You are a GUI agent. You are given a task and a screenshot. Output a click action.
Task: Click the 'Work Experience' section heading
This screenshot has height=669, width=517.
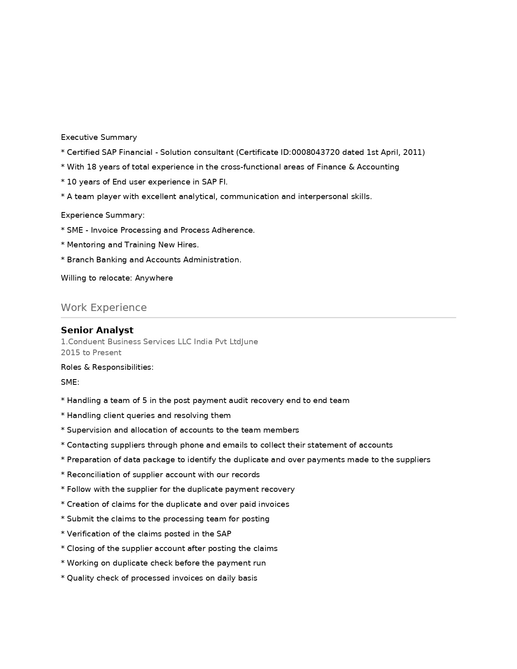(104, 307)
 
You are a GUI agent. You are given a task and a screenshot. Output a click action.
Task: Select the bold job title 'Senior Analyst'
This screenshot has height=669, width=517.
(97, 330)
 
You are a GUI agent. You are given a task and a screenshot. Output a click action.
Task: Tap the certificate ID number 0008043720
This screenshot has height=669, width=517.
(315, 152)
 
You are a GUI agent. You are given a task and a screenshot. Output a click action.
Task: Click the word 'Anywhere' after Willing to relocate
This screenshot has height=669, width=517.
(154, 278)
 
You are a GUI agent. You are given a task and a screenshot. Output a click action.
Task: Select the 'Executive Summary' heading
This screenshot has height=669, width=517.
(99, 137)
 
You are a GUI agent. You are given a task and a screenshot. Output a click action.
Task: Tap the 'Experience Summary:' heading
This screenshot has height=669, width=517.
(103, 215)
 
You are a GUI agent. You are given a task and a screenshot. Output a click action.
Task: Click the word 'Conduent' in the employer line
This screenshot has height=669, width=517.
(87, 342)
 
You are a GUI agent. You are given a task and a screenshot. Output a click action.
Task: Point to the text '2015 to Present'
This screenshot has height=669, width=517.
(91, 353)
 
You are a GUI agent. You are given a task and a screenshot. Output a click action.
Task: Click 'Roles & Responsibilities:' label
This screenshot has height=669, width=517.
(107, 367)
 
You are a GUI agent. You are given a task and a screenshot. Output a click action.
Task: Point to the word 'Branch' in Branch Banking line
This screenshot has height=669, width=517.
(80, 260)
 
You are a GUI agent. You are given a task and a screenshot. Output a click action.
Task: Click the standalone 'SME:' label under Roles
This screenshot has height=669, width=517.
(70, 382)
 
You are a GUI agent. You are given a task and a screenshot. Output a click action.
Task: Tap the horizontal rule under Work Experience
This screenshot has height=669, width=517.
(258, 317)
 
